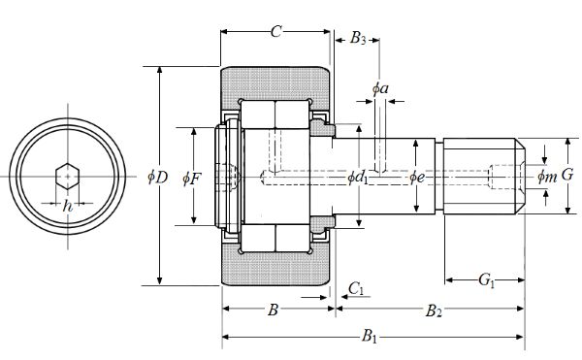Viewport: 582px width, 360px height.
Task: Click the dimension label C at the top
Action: tap(275, 32)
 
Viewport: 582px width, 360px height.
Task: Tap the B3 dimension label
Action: tap(358, 38)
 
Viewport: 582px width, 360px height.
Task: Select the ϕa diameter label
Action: tap(380, 88)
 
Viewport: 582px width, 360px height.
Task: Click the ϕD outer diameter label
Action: tap(158, 178)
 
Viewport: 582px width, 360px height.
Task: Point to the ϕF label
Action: tap(192, 179)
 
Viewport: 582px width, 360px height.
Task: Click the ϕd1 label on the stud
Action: tap(358, 178)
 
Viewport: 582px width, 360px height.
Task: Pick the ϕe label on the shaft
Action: tap(417, 178)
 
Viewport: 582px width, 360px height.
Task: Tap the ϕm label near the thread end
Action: tap(547, 177)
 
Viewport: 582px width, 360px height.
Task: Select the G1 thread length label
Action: tap(487, 279)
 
